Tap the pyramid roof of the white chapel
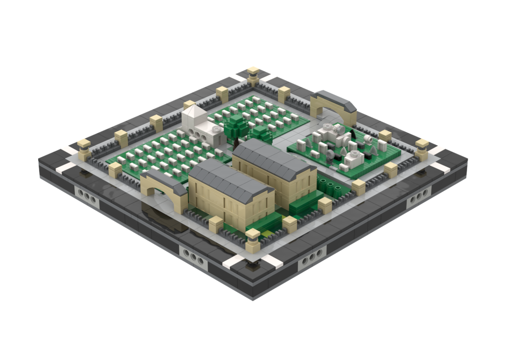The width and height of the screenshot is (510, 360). tap(193, 113)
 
